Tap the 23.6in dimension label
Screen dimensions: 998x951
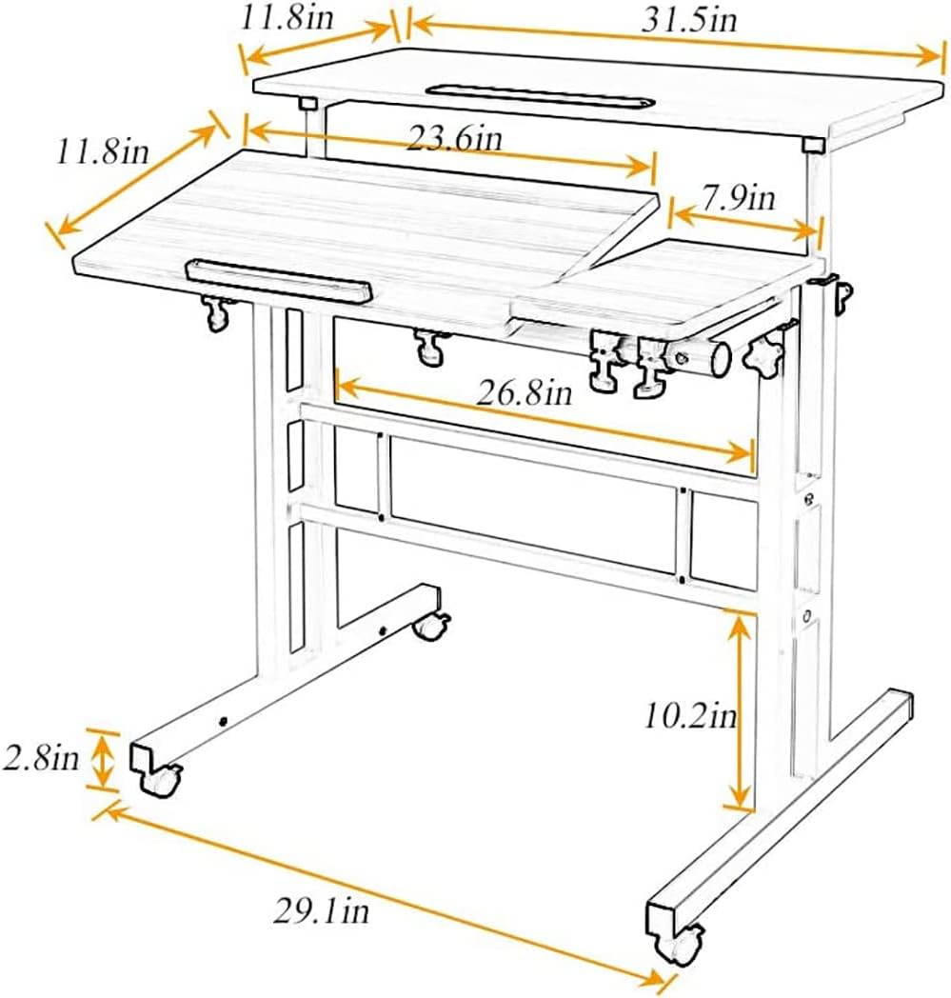(454, 139)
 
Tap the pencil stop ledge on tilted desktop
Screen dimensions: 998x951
(278, 279)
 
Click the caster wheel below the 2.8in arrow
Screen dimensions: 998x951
(161, 781)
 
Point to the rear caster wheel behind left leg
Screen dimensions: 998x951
(431, 626)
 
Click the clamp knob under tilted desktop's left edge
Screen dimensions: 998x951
(216, 311)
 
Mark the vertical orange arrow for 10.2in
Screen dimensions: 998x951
(741, 709)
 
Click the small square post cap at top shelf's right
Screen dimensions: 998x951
(812, 146)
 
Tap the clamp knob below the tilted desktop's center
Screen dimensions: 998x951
(429, 347)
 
